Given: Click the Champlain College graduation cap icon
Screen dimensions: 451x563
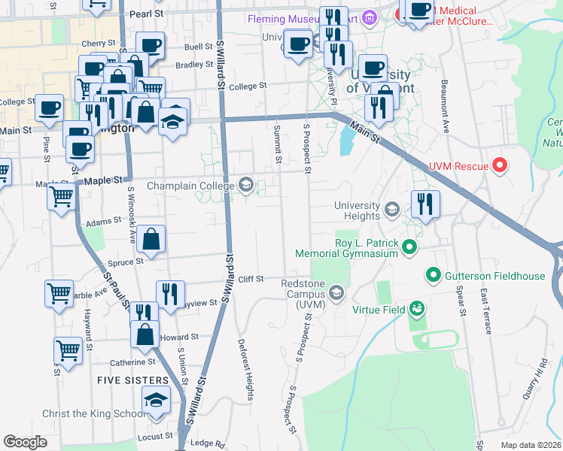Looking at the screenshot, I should point(246,185).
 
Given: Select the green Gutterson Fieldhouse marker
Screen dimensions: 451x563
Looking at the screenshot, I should point(433,276).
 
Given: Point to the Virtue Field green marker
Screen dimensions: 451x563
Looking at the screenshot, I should point(417,308).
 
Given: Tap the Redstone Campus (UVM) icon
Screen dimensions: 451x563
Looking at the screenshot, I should point(336,292).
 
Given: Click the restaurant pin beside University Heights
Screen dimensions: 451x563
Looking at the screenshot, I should point(425,205).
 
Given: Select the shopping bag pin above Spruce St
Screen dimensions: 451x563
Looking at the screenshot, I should point(151,240).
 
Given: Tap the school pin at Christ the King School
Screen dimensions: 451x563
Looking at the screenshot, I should point(156,401).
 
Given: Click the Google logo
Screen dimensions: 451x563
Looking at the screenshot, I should point(25,441).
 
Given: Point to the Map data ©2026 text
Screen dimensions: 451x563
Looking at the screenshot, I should point(530,445).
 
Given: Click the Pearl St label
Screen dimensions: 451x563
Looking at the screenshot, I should point(146,14).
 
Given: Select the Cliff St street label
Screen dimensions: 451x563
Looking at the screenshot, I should point(251,279).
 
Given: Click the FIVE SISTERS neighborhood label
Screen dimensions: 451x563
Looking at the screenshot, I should point(132,381).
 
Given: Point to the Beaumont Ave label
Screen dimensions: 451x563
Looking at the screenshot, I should point(445,106).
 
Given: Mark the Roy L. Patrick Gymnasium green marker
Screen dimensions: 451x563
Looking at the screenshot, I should point(409,247).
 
